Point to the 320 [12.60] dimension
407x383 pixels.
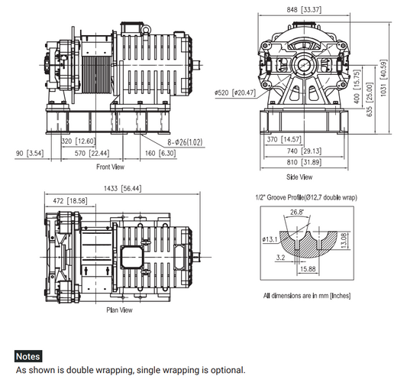pyautogui.click(x=77, y=141)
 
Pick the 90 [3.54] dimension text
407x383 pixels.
pyautogui.click(x=30, y=154)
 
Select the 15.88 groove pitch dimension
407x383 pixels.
pyautogui.click(x=308, y=268)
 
